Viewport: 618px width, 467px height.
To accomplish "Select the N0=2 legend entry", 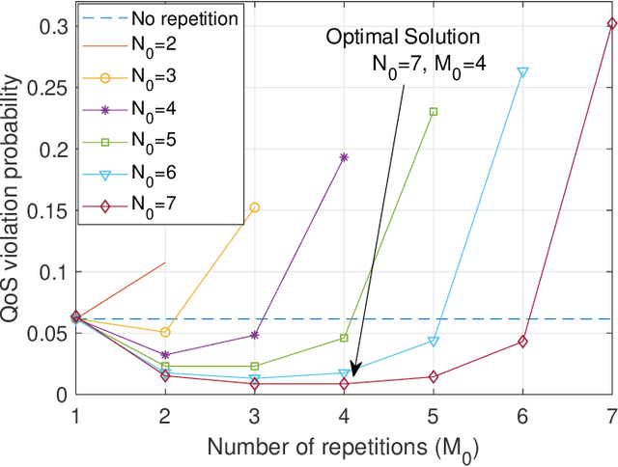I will pyautogui.click(x=144, y=44).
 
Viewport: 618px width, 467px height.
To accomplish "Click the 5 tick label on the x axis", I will pyautogui.click(x=434, y=414).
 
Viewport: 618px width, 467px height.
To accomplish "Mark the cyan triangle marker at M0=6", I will pyautogui.click(x=522, y=72).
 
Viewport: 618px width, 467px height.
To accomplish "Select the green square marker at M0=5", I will pyautogui.click(x=434, y=112).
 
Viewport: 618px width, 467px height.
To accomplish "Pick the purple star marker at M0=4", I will pyautogui.click(x=344, y=156).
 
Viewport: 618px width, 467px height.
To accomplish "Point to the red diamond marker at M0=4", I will pyautogui.click(x=344, y=384).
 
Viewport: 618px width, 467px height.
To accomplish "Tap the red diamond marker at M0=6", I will pyautogui.click(x=522, y=342).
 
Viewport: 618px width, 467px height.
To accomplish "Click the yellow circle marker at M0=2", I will pyautogui.click(x=165, y=332).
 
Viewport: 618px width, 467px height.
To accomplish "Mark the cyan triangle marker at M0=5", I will pyautogui.click(x=434, y=342).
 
